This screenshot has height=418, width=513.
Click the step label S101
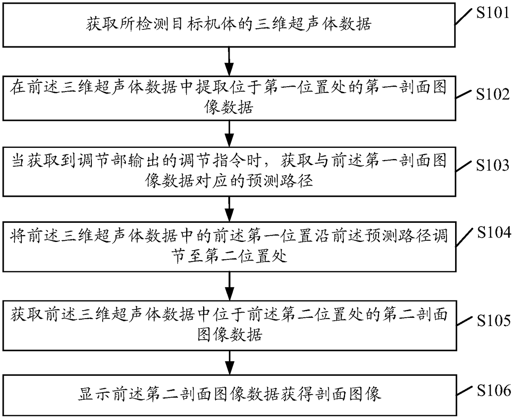point(492,13)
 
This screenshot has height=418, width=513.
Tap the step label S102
point(493,94)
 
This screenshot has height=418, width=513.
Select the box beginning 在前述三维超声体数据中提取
point(229,98)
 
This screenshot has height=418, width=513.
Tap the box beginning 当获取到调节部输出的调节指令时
point(229,170)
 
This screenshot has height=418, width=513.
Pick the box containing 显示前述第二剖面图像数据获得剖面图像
point(229,394)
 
